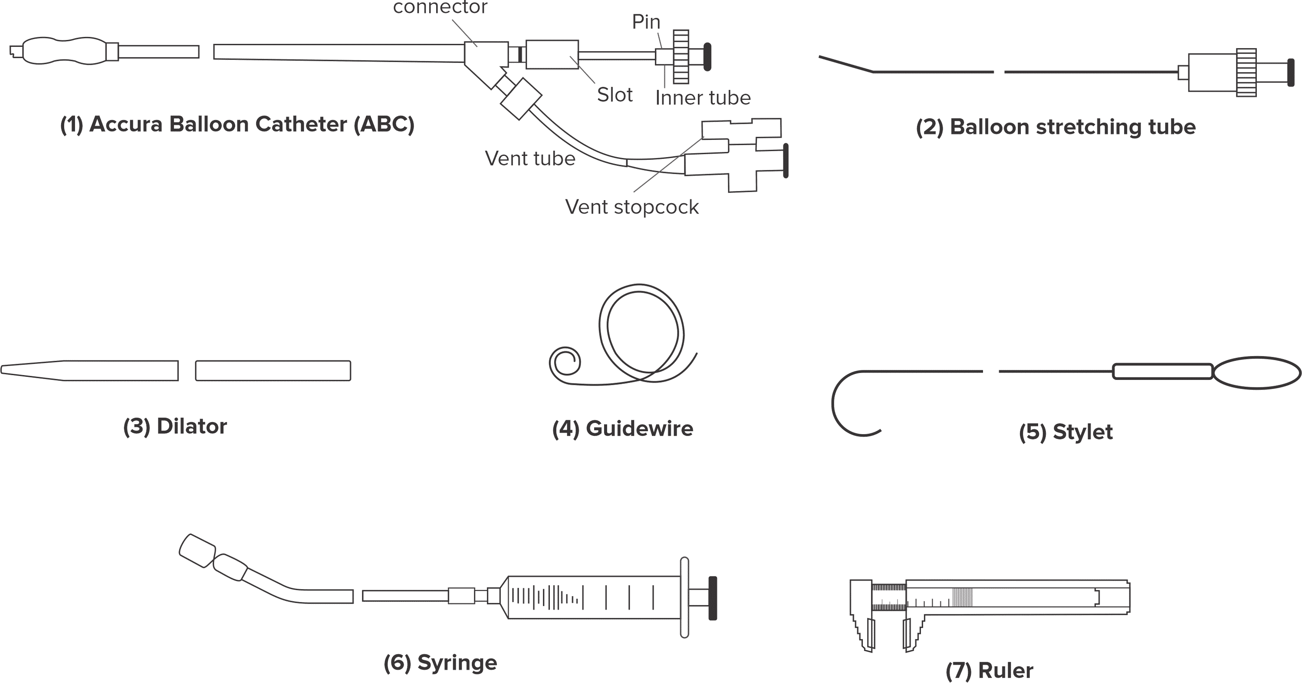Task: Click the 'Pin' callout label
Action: [646, 22]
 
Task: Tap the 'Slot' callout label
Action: [614, 95]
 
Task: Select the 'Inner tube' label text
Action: [703, 98]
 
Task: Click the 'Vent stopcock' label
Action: [631, 207]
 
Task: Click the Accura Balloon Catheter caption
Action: [237, 124]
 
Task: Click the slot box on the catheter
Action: [552, 54]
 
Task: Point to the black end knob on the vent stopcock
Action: [786, 161]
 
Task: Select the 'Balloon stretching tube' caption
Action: [1055, 126]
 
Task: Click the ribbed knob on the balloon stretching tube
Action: [1246, 72]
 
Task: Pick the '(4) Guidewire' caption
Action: [622, 429]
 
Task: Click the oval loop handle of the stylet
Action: [1256, 373]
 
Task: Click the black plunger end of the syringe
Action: [713, 597]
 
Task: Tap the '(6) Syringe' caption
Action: [440, 662]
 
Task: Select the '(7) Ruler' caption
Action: [989, 670]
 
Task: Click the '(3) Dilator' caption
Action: [175, 426]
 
